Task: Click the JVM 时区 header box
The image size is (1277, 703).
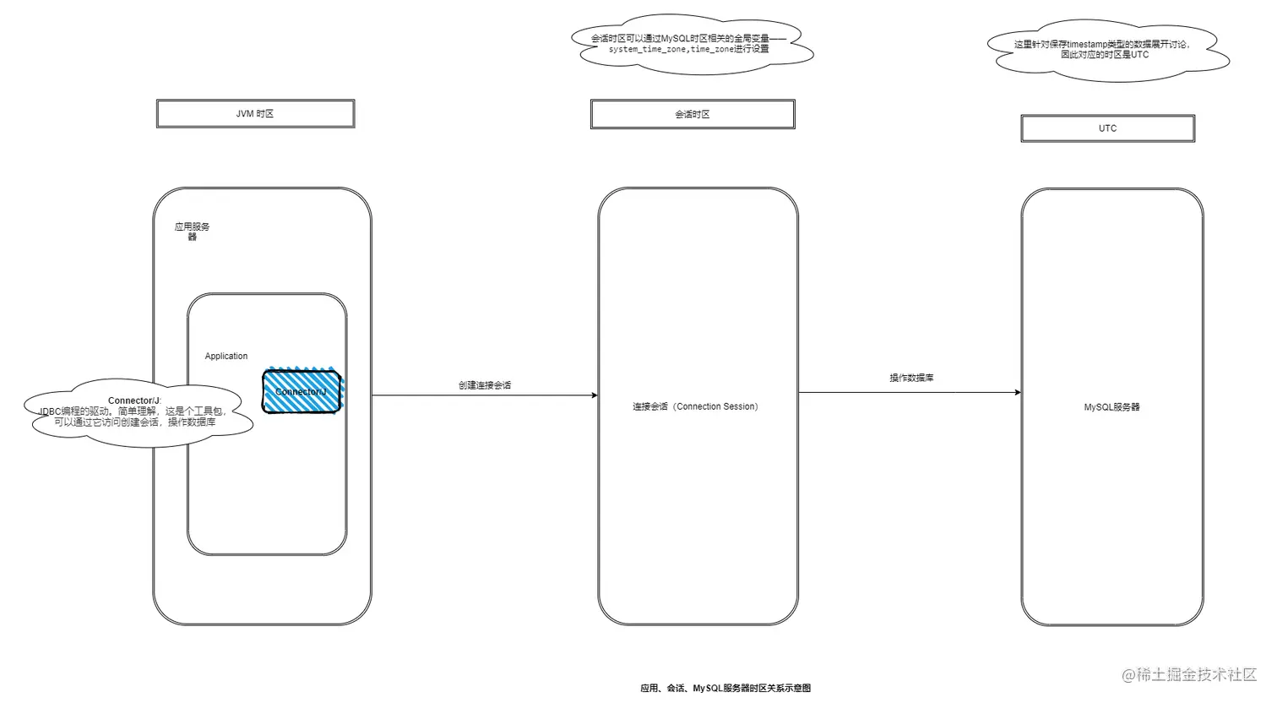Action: tap(255, 114)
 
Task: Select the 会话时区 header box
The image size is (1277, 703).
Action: tap(692, 114)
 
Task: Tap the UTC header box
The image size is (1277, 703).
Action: tap(1107, 128)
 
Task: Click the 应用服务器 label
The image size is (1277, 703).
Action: tap(192, 231)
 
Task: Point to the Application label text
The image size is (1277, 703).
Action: tap(226, 357)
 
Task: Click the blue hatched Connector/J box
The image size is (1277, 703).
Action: tap(302, 392)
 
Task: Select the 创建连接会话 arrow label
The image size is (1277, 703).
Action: tap(485, 385)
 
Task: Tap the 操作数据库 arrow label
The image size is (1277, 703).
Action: tap(911, 378)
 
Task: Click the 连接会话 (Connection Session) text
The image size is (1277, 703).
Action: tap(697, 406)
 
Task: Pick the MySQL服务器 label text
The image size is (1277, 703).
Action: tap(1111, 407)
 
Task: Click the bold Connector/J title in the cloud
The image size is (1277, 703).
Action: tap(133, 401)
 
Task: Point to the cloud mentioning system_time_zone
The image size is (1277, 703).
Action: tap(693, 44)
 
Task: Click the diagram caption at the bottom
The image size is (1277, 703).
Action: tap(725, 688)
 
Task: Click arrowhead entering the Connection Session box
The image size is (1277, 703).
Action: tap(594, 395)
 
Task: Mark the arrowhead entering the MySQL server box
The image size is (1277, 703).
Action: tap(1017, 392)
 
